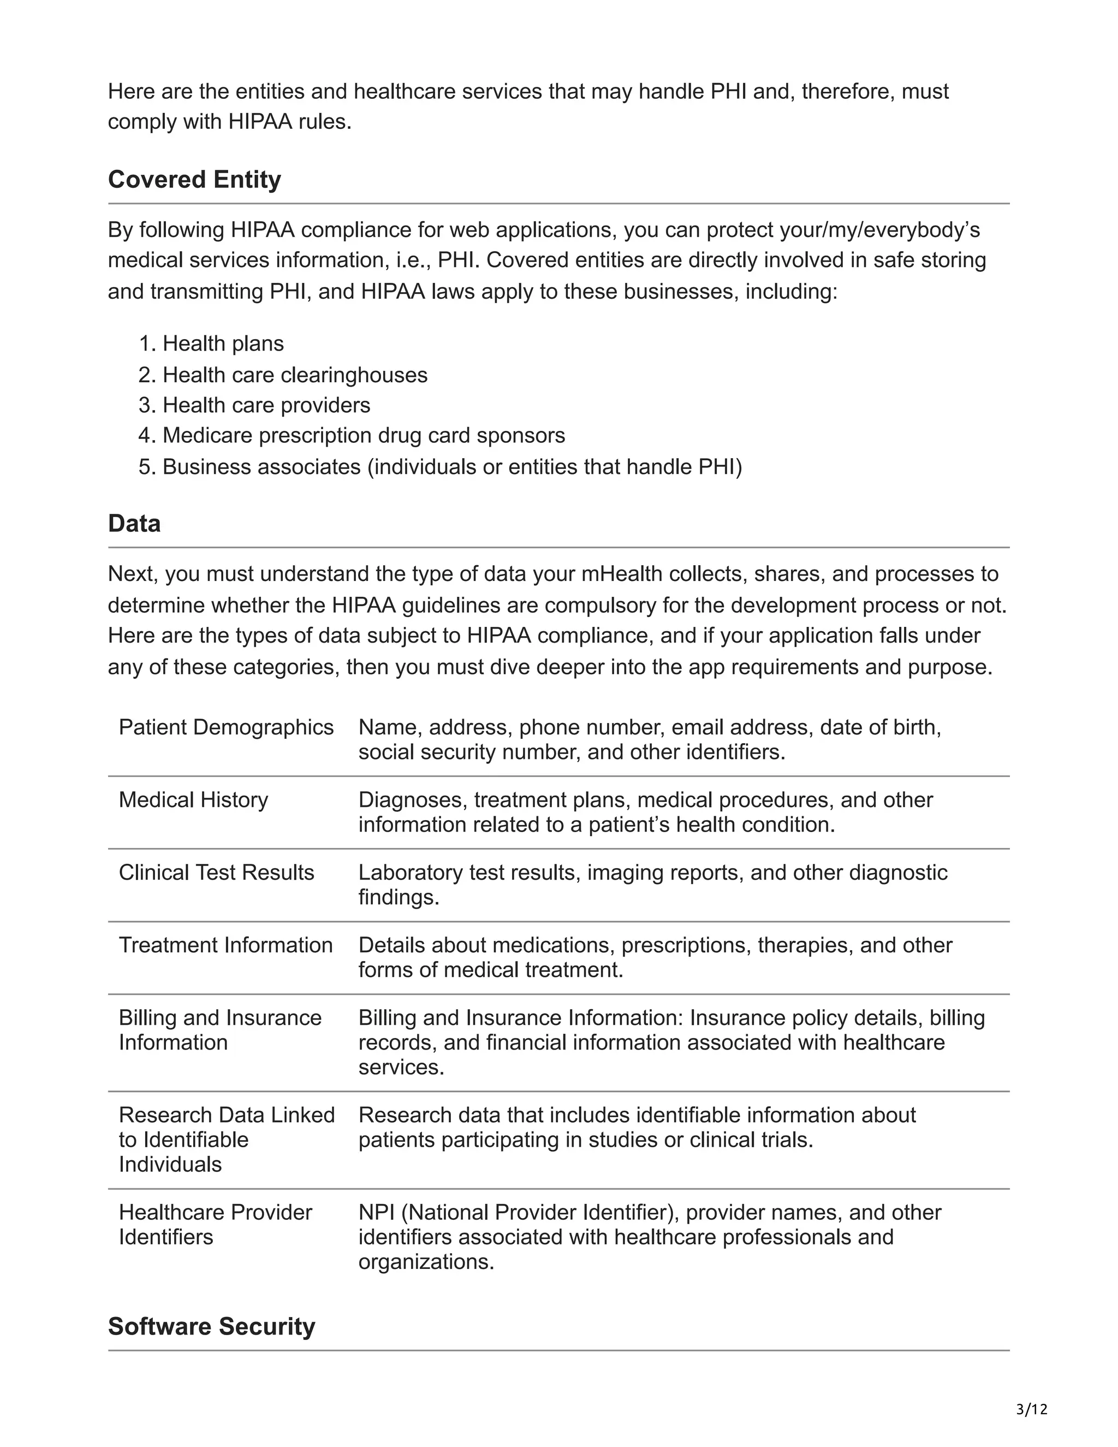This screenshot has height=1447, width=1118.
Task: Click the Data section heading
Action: point(134,524)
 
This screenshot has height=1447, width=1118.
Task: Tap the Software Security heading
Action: point(211,1326)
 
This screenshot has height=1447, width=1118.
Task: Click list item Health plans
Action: point(223,344)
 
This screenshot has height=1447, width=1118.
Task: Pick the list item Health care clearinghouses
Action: point(295,375)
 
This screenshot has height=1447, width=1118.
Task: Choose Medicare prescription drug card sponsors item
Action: point(364,435)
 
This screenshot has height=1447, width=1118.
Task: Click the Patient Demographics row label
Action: point(226,727)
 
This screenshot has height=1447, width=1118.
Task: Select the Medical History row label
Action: point(193,800)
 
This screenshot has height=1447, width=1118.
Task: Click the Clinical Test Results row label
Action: point(216,873)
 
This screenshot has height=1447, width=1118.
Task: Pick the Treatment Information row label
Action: point(225,945)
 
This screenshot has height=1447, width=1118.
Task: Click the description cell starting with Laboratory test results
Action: point(652,885)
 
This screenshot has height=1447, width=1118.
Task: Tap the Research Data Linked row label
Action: point(227,1140)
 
